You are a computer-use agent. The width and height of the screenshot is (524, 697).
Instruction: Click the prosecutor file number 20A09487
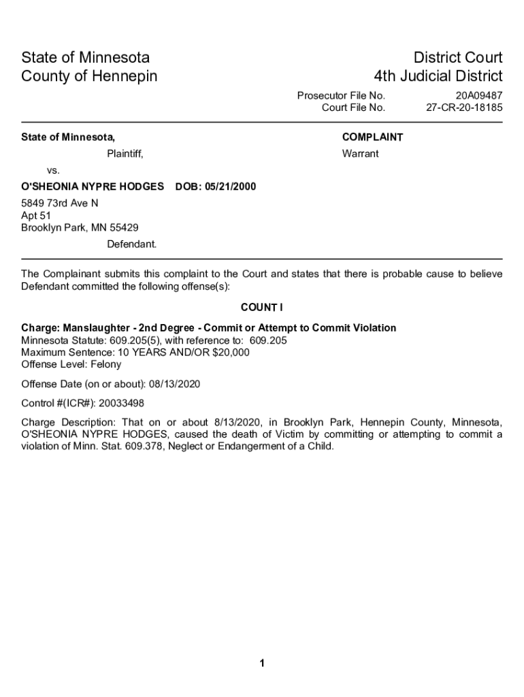[479, 96]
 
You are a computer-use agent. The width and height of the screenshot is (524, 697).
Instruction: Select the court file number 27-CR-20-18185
[464, 108]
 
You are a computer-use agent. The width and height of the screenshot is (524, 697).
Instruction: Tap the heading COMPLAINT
[372, 137]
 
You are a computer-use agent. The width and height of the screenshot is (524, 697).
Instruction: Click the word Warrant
[360, 154]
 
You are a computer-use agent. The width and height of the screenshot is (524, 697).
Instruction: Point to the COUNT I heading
[262, 307]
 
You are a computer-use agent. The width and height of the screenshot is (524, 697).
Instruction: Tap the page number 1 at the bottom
[261, 664]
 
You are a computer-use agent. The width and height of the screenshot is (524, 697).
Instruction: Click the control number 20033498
[120, 404]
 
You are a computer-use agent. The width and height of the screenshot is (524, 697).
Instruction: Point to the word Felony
[105, 364]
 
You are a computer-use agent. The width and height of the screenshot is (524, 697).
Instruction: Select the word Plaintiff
[125, 154]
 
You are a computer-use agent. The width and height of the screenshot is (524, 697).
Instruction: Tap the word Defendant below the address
[131, 244]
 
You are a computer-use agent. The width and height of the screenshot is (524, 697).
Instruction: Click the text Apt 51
[36, 215]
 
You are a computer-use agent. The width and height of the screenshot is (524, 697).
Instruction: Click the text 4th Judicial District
[438, 76]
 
